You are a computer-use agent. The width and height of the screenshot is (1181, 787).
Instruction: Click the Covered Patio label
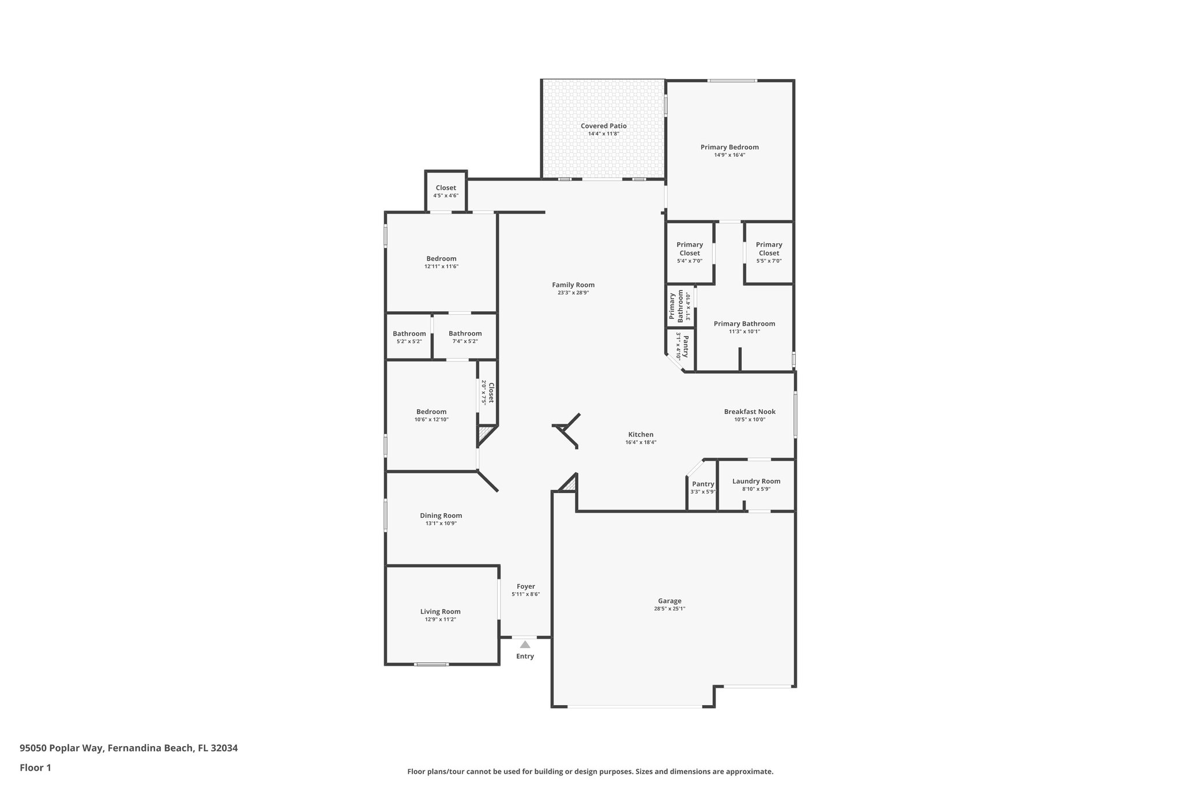603,126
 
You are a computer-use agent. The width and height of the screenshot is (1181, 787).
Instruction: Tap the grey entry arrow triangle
525,645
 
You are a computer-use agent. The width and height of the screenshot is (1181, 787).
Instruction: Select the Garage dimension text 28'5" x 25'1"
670,609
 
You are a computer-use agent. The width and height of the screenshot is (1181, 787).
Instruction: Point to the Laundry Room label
756,481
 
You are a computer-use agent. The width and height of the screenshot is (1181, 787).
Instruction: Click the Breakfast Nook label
750,412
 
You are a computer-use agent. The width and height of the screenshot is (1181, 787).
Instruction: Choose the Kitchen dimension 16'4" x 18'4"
641,443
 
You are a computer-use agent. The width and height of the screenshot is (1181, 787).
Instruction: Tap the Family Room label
573,285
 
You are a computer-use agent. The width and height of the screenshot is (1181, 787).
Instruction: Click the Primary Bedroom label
729,147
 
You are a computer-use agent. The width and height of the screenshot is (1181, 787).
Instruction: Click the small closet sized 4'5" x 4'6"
446,191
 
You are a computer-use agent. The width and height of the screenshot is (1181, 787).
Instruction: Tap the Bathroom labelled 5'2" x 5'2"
409,337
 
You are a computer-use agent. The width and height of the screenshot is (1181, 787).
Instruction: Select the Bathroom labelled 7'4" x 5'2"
465,337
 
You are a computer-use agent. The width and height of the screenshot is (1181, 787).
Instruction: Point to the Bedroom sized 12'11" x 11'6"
441,262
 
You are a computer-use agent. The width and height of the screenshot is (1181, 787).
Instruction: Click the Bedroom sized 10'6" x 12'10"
431,415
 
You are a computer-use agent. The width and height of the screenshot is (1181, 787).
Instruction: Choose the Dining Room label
441,515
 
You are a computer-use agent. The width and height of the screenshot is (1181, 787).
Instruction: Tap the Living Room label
440,612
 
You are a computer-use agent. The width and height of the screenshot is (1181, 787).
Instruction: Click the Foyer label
525,586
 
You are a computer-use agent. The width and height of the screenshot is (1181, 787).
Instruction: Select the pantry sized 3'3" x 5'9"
703,487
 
